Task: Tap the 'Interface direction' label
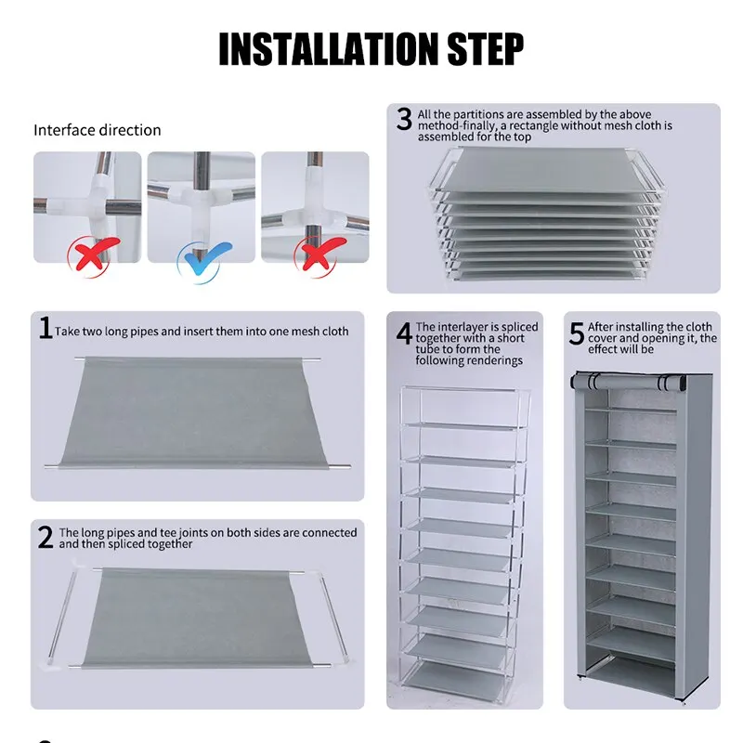tap(98, 130)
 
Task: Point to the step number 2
tap(46, 538)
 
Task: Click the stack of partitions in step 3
tap(544, 218)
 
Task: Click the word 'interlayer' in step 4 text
tap(462, 327)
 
